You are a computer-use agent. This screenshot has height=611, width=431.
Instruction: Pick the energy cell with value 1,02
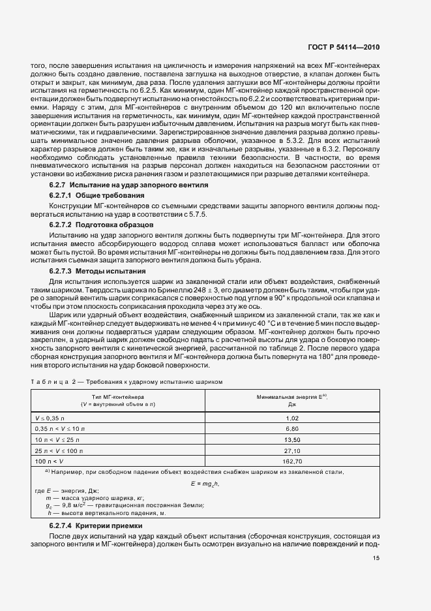[291, 417]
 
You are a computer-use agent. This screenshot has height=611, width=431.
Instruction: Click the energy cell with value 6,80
[291, 428]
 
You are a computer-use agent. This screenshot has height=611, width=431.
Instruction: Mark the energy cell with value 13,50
[291, 439]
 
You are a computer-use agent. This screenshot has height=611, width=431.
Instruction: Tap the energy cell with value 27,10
[291, 450]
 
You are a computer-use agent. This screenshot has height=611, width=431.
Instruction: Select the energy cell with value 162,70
[291, 462]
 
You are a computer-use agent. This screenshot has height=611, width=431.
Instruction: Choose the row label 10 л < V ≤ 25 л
[58, 439]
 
